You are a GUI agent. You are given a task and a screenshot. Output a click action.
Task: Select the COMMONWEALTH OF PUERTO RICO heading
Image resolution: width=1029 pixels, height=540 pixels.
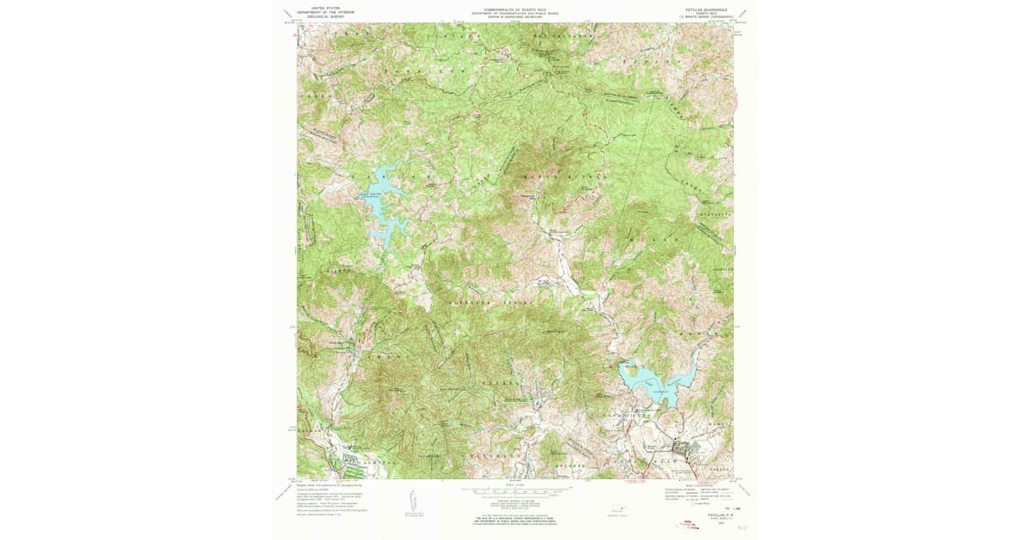click(514, 9)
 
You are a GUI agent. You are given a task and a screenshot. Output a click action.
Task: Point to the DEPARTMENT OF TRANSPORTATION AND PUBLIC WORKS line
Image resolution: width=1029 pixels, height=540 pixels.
click(514, 13)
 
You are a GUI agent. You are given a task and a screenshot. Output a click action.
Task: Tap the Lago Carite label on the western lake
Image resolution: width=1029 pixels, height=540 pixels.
click(370, 195)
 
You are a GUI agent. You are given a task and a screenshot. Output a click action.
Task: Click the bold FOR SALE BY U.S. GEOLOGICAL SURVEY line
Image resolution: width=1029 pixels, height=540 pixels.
click(514, 518)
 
